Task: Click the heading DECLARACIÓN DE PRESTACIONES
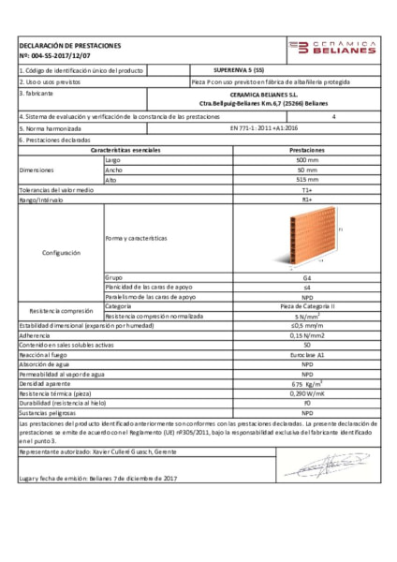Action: pyautogui.click(x=70, y=45)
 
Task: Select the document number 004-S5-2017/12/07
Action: pyautogui.click(x=58, y=55)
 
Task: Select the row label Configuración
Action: pyautogui.click(x=61, y=253)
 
